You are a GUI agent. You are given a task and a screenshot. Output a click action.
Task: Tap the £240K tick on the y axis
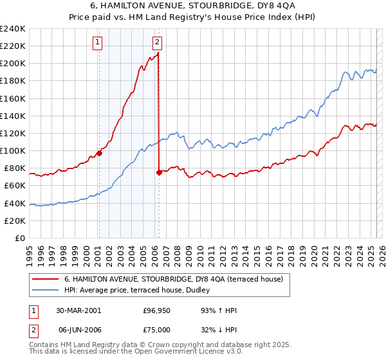coord(13,29)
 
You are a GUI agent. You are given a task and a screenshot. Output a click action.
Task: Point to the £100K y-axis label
coord(13,150)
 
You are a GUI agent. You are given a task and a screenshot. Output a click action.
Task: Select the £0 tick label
coord(20,238)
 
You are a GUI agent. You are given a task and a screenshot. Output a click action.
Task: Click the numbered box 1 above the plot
coord(98,43)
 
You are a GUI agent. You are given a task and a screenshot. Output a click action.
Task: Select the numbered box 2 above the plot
coord(157,43)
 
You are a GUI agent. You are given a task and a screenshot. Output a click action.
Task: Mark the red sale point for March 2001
coord(99,153)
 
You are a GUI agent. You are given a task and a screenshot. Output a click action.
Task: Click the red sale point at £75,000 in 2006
coord(159,172)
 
